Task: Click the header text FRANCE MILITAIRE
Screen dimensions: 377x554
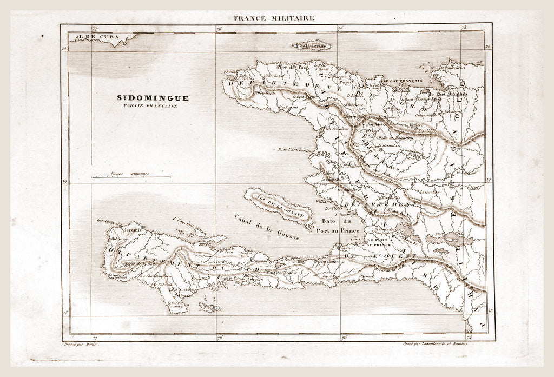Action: point(273,18)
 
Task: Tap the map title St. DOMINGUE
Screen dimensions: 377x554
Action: point(153,98)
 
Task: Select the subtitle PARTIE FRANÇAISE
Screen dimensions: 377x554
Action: point(153,105)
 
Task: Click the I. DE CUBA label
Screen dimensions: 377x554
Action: point(98,37)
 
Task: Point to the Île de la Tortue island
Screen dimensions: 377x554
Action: point(312,46)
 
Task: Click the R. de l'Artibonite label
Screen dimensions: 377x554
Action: point(294,150)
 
